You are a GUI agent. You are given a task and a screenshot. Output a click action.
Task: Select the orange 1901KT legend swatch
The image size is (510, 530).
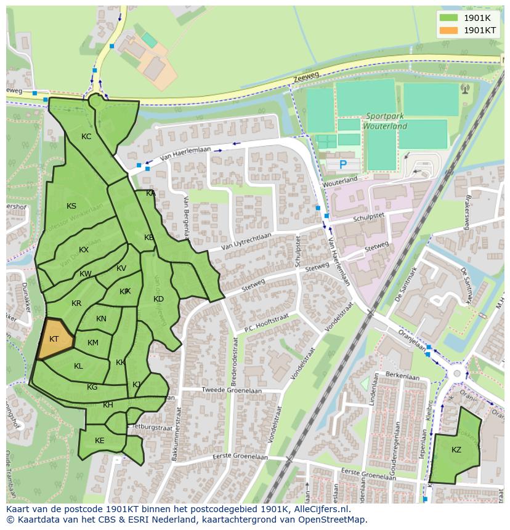[449, 30]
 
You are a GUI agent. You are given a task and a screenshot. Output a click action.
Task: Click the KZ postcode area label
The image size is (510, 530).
[456, 450]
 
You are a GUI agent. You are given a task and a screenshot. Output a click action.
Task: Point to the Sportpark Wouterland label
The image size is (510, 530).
[386, 121]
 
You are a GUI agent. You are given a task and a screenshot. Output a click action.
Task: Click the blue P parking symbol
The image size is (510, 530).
[343, 164]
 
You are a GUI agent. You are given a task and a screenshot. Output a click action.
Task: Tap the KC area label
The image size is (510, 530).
[86, 137]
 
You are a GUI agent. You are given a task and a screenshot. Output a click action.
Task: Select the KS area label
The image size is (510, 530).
[71, 206]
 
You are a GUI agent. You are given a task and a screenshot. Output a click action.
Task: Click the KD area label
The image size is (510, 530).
[158, 299]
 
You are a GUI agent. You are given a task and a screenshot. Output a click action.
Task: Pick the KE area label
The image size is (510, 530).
[100, 441]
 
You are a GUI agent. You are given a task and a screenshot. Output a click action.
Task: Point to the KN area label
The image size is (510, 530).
[101, 319]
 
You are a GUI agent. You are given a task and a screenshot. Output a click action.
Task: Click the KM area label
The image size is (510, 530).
[93, 343]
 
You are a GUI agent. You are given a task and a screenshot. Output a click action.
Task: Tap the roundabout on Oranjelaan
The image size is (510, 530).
[456, 374]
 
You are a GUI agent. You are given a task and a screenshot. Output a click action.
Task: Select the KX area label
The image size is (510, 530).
[84, 250]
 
